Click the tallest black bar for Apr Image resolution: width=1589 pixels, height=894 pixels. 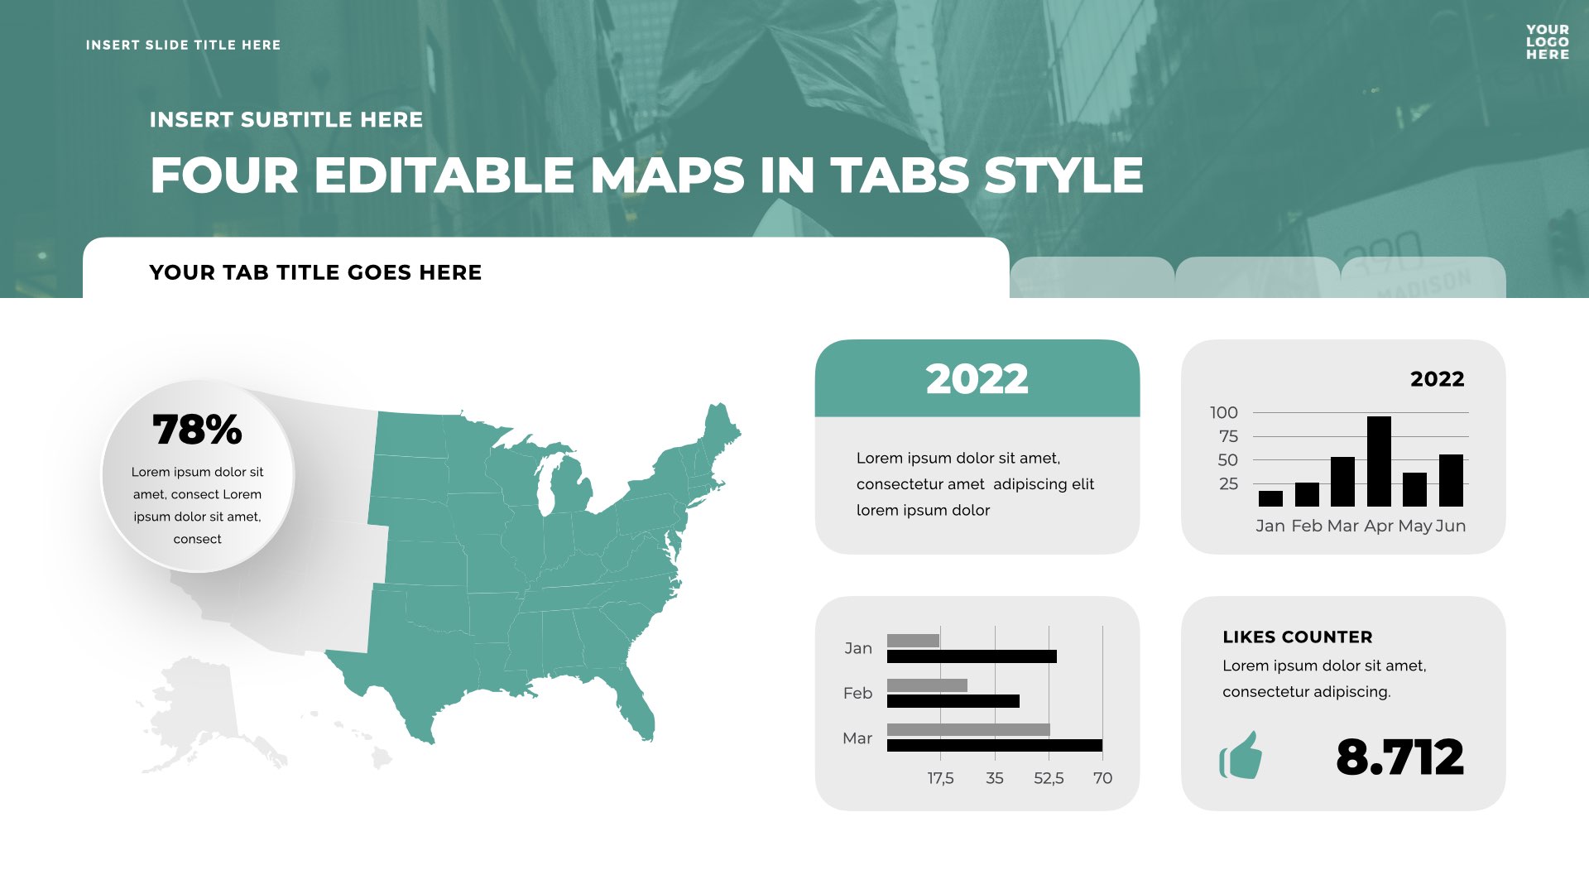(1379, 461)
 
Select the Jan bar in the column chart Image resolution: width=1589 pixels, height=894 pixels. (1270, 498)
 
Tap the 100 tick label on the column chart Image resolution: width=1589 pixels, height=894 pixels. (1223, 412)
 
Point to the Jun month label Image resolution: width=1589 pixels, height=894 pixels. (1451, 526)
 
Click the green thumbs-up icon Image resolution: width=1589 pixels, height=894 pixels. (1241, 755)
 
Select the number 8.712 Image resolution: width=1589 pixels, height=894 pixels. (1399, 757)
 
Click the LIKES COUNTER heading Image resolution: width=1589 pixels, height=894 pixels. (1297, 637)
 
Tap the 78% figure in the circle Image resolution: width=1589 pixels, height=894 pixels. (197, 430)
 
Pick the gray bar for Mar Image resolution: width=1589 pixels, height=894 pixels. (968, 729)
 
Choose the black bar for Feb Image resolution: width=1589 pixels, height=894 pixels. (953, 701)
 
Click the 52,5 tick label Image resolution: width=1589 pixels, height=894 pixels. (1049, 778)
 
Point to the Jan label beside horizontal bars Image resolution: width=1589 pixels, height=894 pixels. (858, 648)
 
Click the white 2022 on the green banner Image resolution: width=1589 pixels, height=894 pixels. (977, 379)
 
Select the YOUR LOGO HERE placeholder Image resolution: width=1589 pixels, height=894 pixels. (1548, 42)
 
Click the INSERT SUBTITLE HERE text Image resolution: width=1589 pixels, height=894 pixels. (286, 120)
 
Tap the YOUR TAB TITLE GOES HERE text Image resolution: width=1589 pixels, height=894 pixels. (315, 272)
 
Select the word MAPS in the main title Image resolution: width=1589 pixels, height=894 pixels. (667, 175)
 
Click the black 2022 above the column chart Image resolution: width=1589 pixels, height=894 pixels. (1437, 379)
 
